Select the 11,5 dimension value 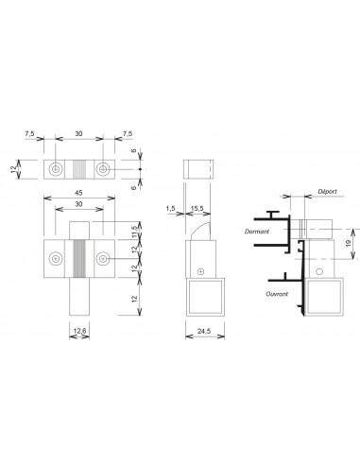click(134, 231)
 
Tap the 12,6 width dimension click(81, 331)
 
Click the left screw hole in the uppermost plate click(58, 170)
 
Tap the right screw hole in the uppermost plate click(104, 170)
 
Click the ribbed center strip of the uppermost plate click(80, 170)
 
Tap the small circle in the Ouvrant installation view click(319, 272)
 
